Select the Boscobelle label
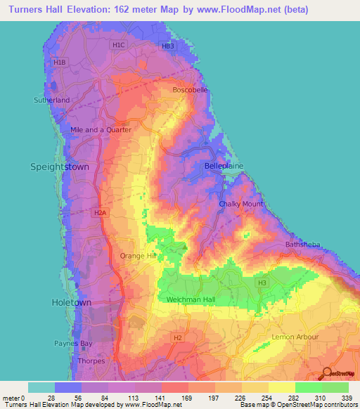(x=191, y=90)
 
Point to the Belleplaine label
(x=224, y=165)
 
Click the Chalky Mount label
(x=240, y=204)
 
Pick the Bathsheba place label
(x=303, y=245)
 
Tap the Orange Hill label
(x=138, y=256)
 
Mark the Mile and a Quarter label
(x=101, y=130)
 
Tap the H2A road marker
(x=100, y=212)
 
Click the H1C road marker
(x=118, y=45)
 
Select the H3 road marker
(x=262, y=283)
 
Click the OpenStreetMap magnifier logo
(x=326, y=373)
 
